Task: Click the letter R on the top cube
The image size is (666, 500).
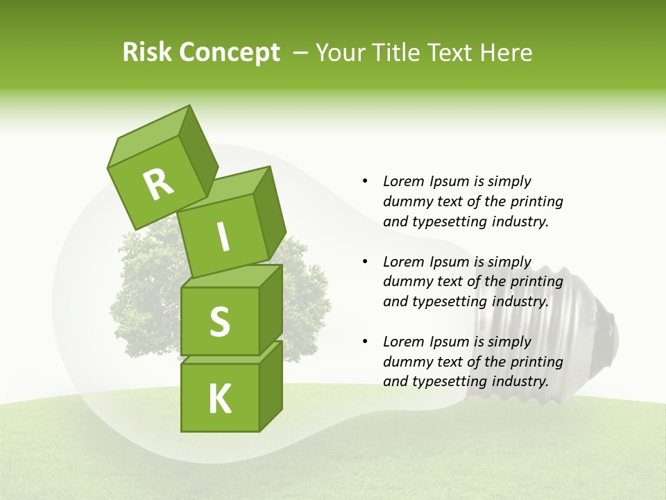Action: (158, 184)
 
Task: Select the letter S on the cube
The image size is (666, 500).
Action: (219, 322)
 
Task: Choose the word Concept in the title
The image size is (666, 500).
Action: (229, 53)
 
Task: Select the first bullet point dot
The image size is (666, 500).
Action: (365, 182)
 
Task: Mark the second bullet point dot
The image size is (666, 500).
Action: (365, 262)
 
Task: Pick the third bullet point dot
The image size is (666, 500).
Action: (365, 342)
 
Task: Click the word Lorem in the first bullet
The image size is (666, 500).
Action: (403, 181)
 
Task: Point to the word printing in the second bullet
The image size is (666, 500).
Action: (534, 282)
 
